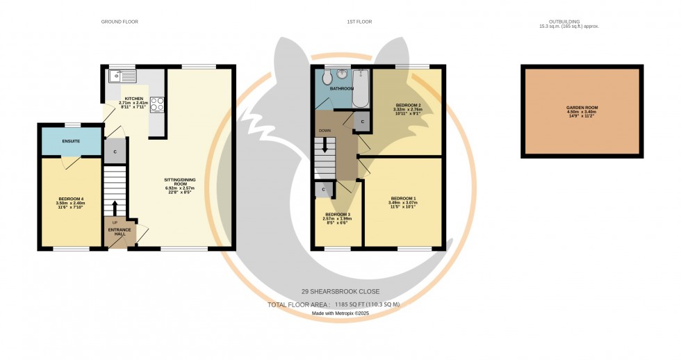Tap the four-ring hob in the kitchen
click(157, 104)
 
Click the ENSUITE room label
click(71, 141)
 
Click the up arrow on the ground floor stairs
click(115, 207)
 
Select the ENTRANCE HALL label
click(115, 232)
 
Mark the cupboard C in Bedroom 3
click(323, 188)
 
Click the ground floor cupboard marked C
click(115, 151)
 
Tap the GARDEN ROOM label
click(582, 108)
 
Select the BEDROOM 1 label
click(402, 198)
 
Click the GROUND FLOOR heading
click(120, 22)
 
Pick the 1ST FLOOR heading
click(359, 22)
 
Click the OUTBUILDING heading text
click(568, 22)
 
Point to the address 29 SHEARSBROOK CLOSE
click(340, 291)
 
